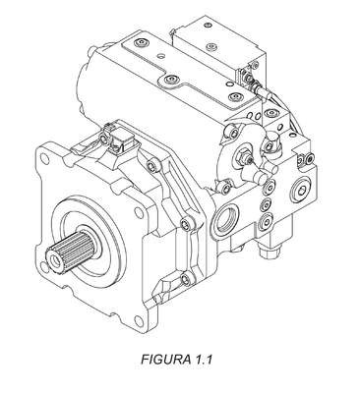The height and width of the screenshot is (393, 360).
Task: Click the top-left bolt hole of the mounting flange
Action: click(x=45, y=160)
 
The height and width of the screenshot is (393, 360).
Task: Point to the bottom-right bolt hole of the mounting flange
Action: click(x=139, y=320)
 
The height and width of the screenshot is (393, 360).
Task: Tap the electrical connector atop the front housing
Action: click(x=121, y=140)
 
